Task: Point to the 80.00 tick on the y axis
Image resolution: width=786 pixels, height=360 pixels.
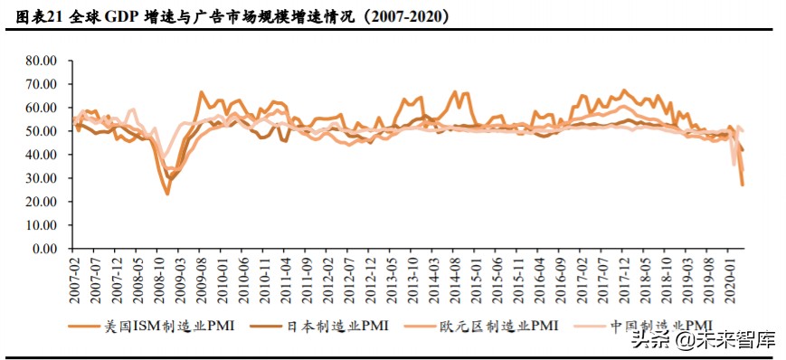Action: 41,61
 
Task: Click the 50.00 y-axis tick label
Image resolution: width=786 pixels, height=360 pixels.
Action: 41,131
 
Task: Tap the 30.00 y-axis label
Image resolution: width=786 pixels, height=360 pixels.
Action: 41,178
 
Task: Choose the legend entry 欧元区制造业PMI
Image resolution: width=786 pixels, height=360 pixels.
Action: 494,326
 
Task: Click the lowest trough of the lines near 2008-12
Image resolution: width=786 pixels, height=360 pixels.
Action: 167,194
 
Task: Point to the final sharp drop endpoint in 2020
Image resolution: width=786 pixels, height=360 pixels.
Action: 743,185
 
